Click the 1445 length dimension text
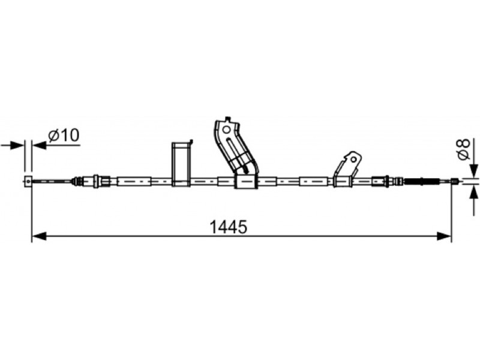click(228, 227)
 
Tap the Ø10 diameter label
click(64, 135)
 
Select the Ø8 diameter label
click(463, 149)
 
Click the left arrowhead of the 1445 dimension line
click(39, 236)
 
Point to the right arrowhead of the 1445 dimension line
click(444, 236)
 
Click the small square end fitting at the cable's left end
click(28, 181)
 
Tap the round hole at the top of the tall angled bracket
click(226, 130)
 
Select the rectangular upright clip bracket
click(182, 164)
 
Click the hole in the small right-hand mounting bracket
click(354, 160)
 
